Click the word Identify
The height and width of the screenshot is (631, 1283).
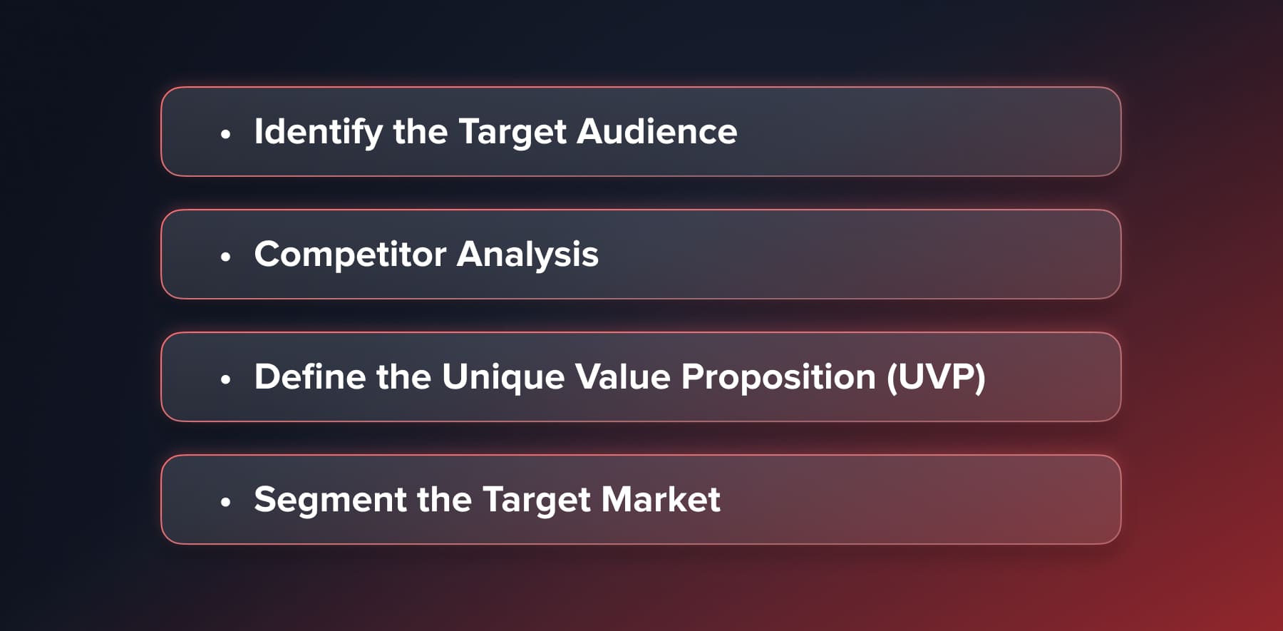pos(318,133)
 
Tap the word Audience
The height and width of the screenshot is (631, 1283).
pos(656,132)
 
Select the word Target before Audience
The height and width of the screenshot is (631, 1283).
pos(512,133)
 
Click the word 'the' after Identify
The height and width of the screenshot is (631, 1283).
pos(421,132)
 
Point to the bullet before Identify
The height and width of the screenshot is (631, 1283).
pos(226,133)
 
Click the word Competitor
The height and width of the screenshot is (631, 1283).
pos(350,255)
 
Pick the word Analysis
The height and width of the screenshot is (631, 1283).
pos(527,255)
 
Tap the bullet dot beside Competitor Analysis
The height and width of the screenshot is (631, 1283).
pos(226,256)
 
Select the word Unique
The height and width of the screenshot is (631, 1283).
pos(503,378)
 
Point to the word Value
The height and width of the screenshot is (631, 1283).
pos(623,377)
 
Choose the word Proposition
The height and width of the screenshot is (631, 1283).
pos(778,378)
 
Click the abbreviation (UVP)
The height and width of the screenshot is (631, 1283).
pos(936,377)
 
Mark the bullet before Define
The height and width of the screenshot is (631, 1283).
pos(226,379)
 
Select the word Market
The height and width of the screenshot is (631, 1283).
pos(661,500)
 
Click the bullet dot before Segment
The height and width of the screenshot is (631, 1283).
pos(226,502)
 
